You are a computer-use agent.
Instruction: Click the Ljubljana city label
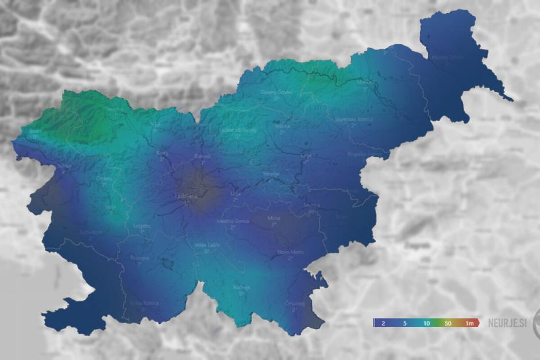coord(185,197)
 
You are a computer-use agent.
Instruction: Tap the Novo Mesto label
coord(291,252)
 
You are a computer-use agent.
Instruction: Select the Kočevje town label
coord(241,287)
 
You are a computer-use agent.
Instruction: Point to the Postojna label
coord(139,258)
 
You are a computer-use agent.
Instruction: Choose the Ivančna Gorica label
coord(233,221)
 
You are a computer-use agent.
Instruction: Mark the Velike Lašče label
coord(206,246)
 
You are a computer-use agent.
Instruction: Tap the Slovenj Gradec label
coord(276,92)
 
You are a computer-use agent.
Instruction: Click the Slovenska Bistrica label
coord(354,119)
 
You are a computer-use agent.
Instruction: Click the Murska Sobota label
coord(447,57)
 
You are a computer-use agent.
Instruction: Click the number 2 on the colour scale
coord(383,324)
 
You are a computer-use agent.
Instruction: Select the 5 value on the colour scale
coord(404,324)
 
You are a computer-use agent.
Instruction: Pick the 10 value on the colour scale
coord(426,324)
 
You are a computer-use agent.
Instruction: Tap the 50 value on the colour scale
coord(448,324)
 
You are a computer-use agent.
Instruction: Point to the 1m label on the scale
coord(469,324)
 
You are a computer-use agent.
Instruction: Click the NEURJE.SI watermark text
coord(507,323)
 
